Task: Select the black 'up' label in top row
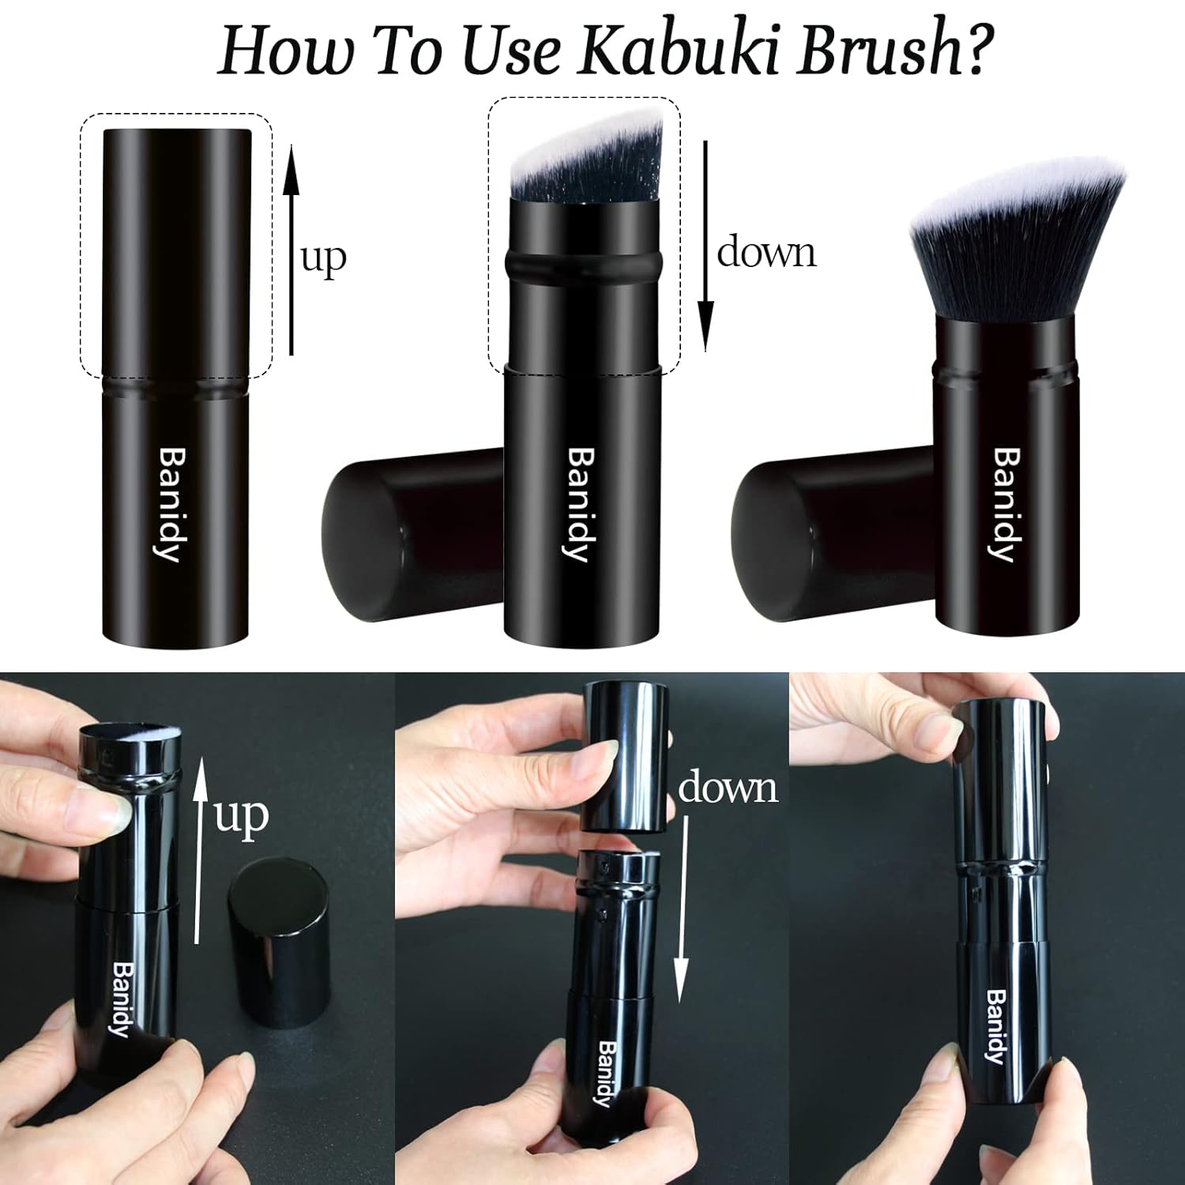[324, 259]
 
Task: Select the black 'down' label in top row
[766, 253]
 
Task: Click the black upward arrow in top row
[292, 250]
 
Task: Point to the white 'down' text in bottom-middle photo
[728, 788]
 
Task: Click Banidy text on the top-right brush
[1006, 505]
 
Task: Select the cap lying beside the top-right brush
[829, 533]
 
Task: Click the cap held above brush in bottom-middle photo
[626, 755]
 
